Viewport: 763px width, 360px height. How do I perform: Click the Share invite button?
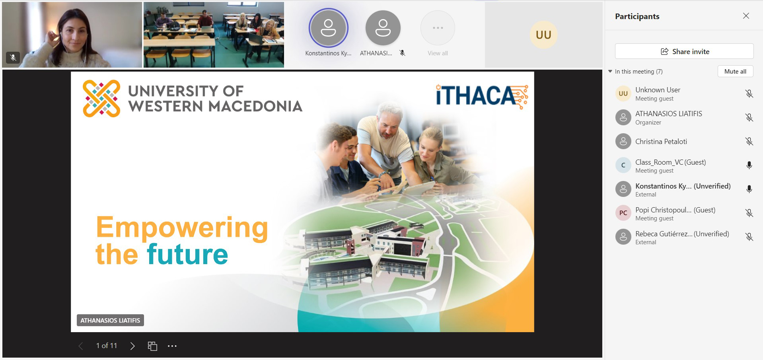click(x=684, y=51)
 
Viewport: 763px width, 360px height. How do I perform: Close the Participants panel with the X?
click(x=746, y=16)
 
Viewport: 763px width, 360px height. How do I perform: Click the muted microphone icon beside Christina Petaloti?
click(x=749, y=141)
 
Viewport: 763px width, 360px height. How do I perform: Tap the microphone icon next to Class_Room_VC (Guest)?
click(x=749, y=165)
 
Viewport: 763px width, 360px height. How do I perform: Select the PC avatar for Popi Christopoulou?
click(x=623, y=213)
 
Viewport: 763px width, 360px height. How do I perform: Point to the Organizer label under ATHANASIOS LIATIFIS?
click(x=648, y=123)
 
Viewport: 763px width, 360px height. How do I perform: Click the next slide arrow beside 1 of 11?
click(x=132, y=346)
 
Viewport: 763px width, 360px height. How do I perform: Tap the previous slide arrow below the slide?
click(x=81, y=346)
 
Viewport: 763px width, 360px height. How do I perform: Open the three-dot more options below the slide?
click(x=172, y=346)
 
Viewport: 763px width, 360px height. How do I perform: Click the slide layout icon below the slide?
click(x=152, y=346)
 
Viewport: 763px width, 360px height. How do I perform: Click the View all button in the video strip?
click(x=438, y=34)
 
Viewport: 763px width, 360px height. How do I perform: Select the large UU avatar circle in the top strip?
click(x=543, y=35)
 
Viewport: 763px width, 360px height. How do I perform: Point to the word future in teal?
click(x=187, y=254)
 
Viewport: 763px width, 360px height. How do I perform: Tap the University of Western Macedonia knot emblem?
click(x=101, y=99)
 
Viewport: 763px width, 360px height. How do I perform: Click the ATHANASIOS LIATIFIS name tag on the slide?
click(x=110, y=320)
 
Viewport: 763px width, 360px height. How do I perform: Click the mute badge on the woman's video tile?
click(x=13, y=58)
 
